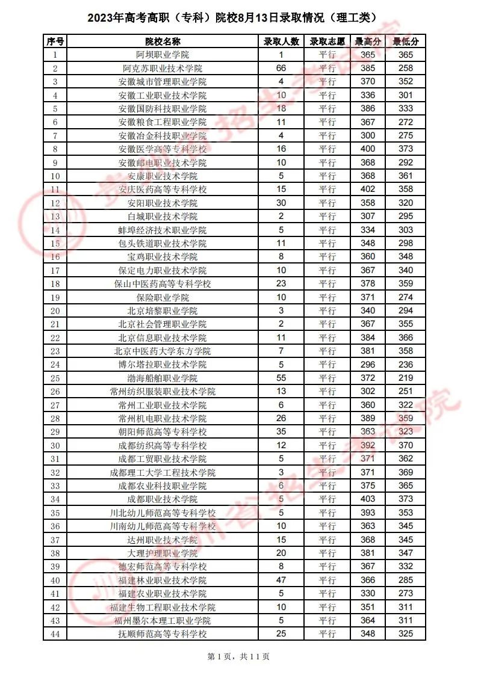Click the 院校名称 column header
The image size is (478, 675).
tap(163, 42)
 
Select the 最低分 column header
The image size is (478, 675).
tap(406, 42)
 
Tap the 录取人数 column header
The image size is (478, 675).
tap(281, 42)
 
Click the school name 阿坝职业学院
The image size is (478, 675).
tap(163, 55)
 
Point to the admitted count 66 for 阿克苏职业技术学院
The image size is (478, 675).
tap(281, 68)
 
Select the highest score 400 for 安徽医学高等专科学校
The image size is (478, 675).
tap(367, 149)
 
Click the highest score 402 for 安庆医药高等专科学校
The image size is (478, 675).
tap(367, 189)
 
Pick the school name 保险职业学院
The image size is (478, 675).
tap(163, 297)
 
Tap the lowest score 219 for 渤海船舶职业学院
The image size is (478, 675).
tap(406, 378)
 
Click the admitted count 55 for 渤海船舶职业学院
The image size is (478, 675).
tap(281, 378)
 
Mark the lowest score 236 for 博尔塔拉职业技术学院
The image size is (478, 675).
tap(406, 365)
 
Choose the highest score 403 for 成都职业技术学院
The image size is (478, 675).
tap(367, 499)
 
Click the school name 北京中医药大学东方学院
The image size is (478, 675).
tap(163, 351)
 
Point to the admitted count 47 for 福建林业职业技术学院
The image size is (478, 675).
tap(281, 580)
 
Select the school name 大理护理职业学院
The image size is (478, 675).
tap(163, 553)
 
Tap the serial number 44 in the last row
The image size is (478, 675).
tap(55, 633)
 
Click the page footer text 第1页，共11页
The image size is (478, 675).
tap(238, 657)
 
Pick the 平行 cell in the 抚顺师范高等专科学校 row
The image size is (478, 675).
tap(327, 633)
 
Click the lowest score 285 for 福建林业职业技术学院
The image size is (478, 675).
tap(406, 580)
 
